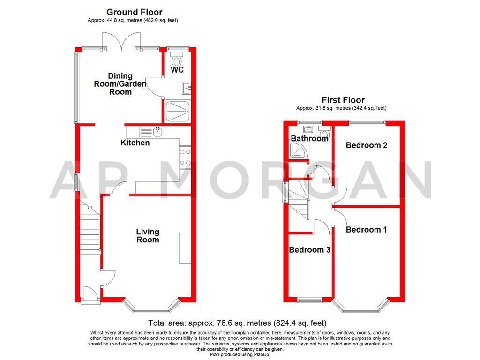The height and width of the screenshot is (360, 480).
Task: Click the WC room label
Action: coord(177,70)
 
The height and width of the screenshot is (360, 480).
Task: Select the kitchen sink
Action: coord(158,132)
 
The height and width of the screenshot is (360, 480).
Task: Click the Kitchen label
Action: coord(135,142)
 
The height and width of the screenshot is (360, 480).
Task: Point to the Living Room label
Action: coord(148,235)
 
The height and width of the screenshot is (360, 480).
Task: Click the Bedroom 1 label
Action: coord(366,230)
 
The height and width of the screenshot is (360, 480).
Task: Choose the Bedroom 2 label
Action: coord(366,145)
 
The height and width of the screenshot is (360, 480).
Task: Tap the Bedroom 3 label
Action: coord(309,250)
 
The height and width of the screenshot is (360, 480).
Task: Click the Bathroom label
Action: coord(309,138)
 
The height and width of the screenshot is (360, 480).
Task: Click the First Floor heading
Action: coord(343,100)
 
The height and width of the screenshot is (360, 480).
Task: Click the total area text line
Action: coord(237,323)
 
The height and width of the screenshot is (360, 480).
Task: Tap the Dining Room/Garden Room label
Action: coord(120,84)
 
